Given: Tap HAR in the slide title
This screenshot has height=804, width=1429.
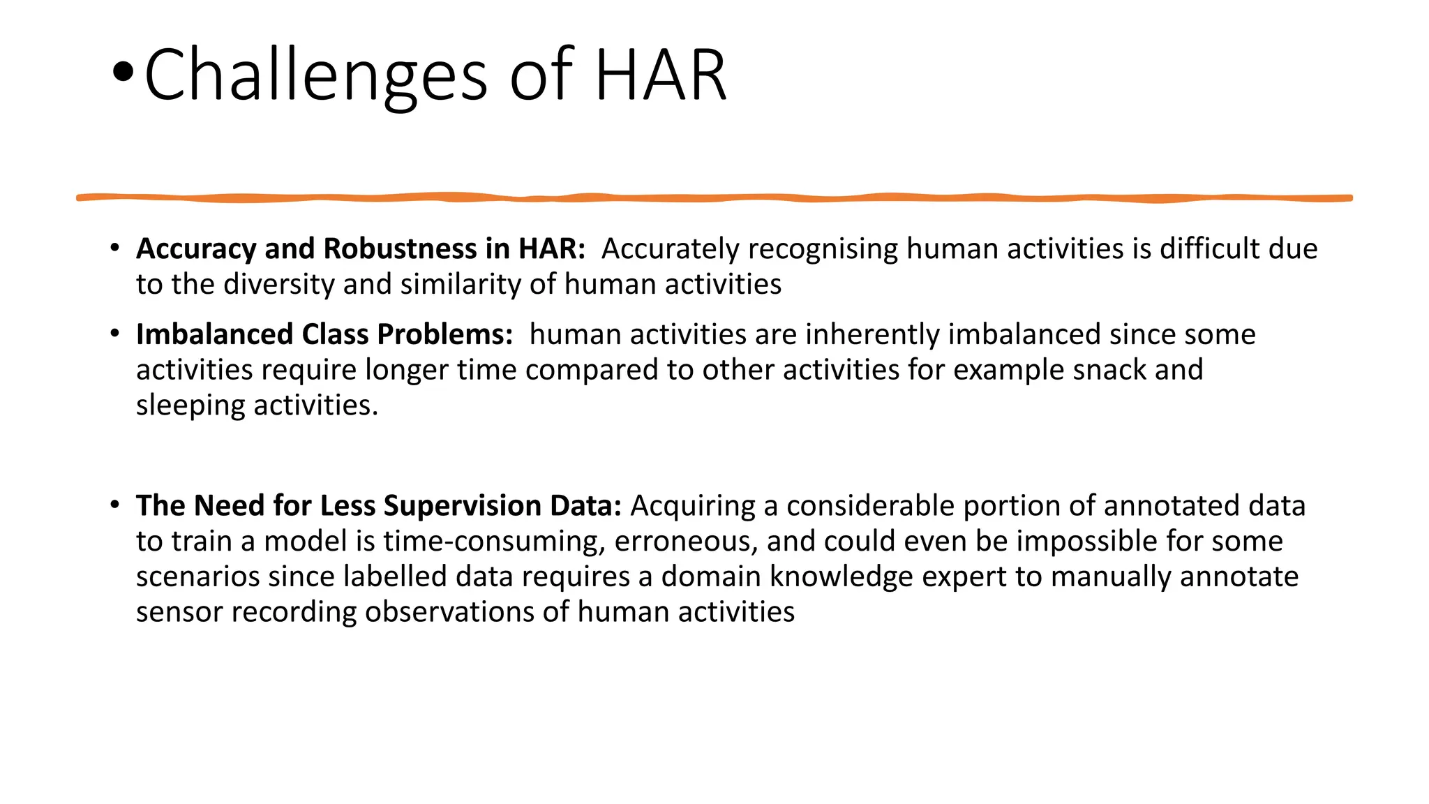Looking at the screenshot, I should point(660,75).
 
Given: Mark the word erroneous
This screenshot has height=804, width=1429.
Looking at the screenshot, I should point(686,542).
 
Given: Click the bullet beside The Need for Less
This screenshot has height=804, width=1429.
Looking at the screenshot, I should point(114,505).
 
